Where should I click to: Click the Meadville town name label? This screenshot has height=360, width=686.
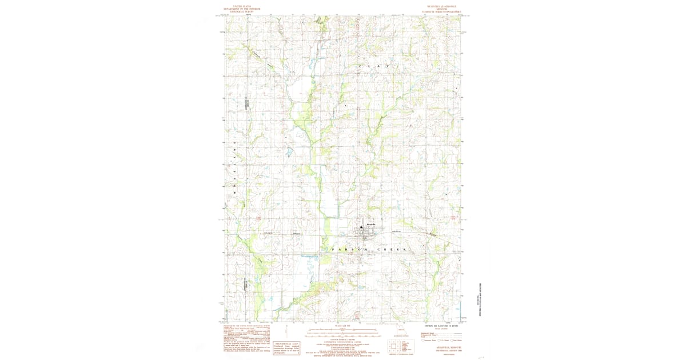pyautogui.click(x=370, y=224)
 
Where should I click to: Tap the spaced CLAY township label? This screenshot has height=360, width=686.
pyautogui.click(x=377, y=67)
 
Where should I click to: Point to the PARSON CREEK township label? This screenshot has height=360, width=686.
pyautogui.click(x=369, y=250)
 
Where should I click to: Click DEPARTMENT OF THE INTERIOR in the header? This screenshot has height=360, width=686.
pyautogui.click(x=242, y=9)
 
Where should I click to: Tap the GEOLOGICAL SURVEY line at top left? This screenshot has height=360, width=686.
pyautogui.click(x=242, y=12)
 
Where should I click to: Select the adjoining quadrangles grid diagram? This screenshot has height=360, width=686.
pyautogui.click(x=394, y=346)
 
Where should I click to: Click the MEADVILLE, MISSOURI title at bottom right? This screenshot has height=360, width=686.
pyautogui.click(x=445, y=347)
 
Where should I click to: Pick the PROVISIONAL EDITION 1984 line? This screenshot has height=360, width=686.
pyautogui.click(x=445, y=351)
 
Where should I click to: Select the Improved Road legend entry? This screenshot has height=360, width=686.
pyautogui.click(x=430, y=332)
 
